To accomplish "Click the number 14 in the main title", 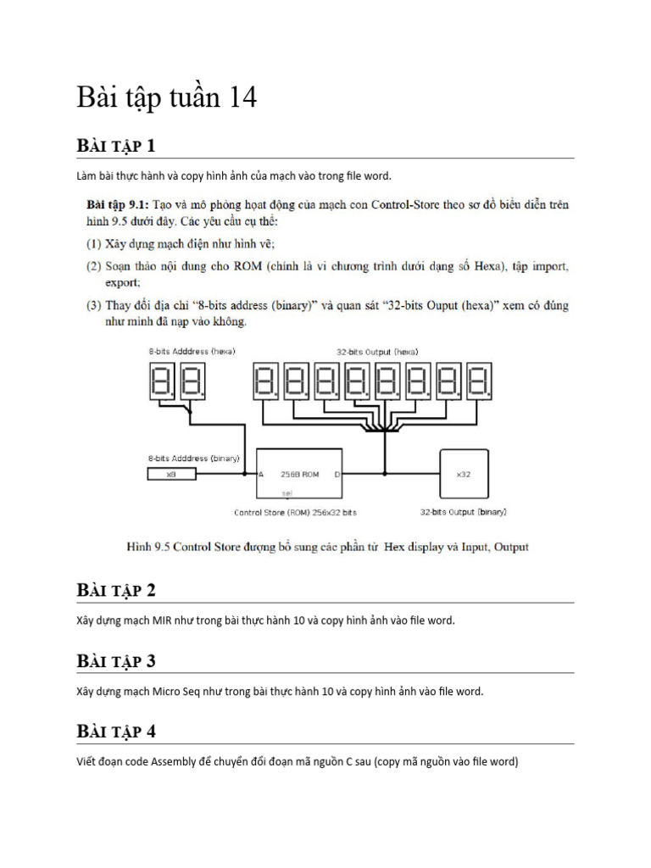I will click(240, 98).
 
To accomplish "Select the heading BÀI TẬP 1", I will click(116, 146).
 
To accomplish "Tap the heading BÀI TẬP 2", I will click(116, 590).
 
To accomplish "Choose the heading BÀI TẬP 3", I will click(116, 660).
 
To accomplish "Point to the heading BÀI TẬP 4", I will click(116, 731).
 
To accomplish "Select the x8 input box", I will click(170, 475).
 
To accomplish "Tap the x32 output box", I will click(463, 475).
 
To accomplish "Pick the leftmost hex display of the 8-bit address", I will click(163, 383).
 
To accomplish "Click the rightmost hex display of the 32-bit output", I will click(478, 383).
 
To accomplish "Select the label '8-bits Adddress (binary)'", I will click(193, 458).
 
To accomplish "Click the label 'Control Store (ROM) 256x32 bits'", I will click(295, 513).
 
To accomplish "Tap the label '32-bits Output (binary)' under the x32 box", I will click(463, 513).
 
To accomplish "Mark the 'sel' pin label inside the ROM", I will click(286, 492).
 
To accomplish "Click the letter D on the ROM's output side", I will click(337, 475).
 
